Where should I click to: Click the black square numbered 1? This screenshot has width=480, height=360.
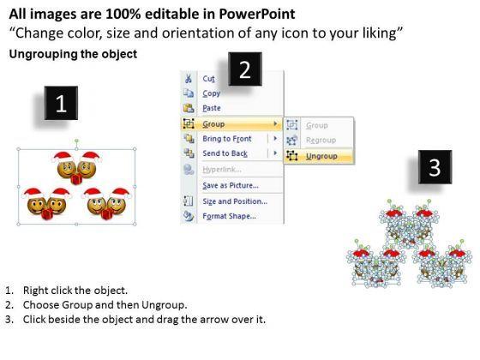(x=61, y=103)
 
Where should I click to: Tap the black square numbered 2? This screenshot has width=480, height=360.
(x=245, y=69)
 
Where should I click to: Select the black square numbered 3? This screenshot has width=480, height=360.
(x=435, y=167)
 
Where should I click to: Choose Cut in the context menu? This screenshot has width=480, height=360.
(x=209, y=79)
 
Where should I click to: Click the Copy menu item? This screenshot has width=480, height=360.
(x=211, y=93)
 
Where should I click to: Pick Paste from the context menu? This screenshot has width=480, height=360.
(x=212, y=108)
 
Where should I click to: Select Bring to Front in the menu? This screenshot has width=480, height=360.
(x=227, y=139)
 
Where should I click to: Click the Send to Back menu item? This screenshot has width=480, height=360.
(x=225, y=153)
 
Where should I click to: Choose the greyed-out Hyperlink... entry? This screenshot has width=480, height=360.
(x=222, y=170)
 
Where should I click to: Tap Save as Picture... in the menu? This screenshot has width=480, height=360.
(x=231, y=185)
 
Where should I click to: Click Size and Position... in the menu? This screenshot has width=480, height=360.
(x=235, y=201)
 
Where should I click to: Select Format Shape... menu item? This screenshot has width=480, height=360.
(x=230, y=216)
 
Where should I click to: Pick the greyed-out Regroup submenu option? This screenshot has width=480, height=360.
(x=321, y=140)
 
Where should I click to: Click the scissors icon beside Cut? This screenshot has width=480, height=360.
(x=189, y=78)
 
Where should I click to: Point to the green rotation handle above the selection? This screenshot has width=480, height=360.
(x=76, y=141)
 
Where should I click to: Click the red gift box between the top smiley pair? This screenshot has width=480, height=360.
(x=76, y=179)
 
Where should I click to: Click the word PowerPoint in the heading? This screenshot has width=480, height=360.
(x=257, y=14)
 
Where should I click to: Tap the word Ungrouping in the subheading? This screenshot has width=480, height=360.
(x=44, y=54)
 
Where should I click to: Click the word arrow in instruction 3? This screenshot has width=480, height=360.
(x=216, y=320)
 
